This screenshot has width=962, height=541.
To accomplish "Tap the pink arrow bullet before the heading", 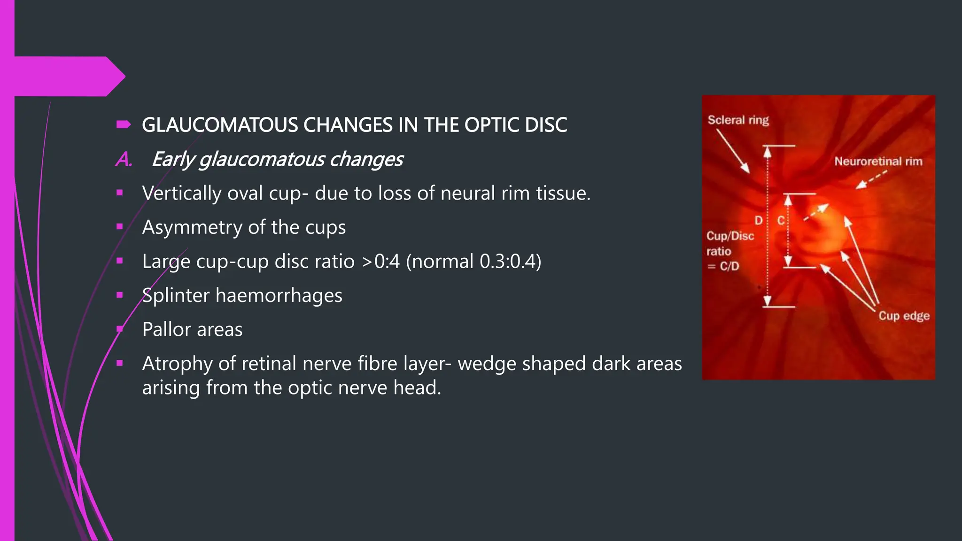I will [124, 124].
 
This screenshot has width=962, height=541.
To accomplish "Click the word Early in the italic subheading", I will [172, 160].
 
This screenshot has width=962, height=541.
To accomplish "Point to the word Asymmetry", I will [192, 227].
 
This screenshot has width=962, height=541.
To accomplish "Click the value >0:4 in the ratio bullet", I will [380, 262].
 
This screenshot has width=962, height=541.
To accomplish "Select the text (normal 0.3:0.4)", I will [473, 262].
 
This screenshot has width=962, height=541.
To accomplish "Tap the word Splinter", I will [176, 296].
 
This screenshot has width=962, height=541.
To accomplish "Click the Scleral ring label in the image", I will [738, 120].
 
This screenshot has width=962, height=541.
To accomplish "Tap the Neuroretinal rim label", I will [878, 162].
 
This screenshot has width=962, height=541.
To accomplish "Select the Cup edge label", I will [904, 316].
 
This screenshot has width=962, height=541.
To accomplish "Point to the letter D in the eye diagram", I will [758, 221].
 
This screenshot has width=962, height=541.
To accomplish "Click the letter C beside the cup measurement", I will [781, 221].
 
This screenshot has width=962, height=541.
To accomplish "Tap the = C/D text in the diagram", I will [723, 266].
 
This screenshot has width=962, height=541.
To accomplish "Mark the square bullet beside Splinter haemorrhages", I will [120, 295].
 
